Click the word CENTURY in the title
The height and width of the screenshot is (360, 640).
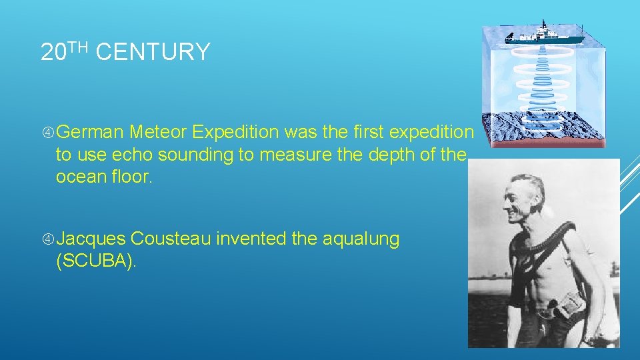153,52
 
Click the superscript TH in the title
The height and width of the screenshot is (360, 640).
78,47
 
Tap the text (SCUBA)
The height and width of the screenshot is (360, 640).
96,261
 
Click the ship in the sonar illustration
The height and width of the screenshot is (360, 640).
543,36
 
